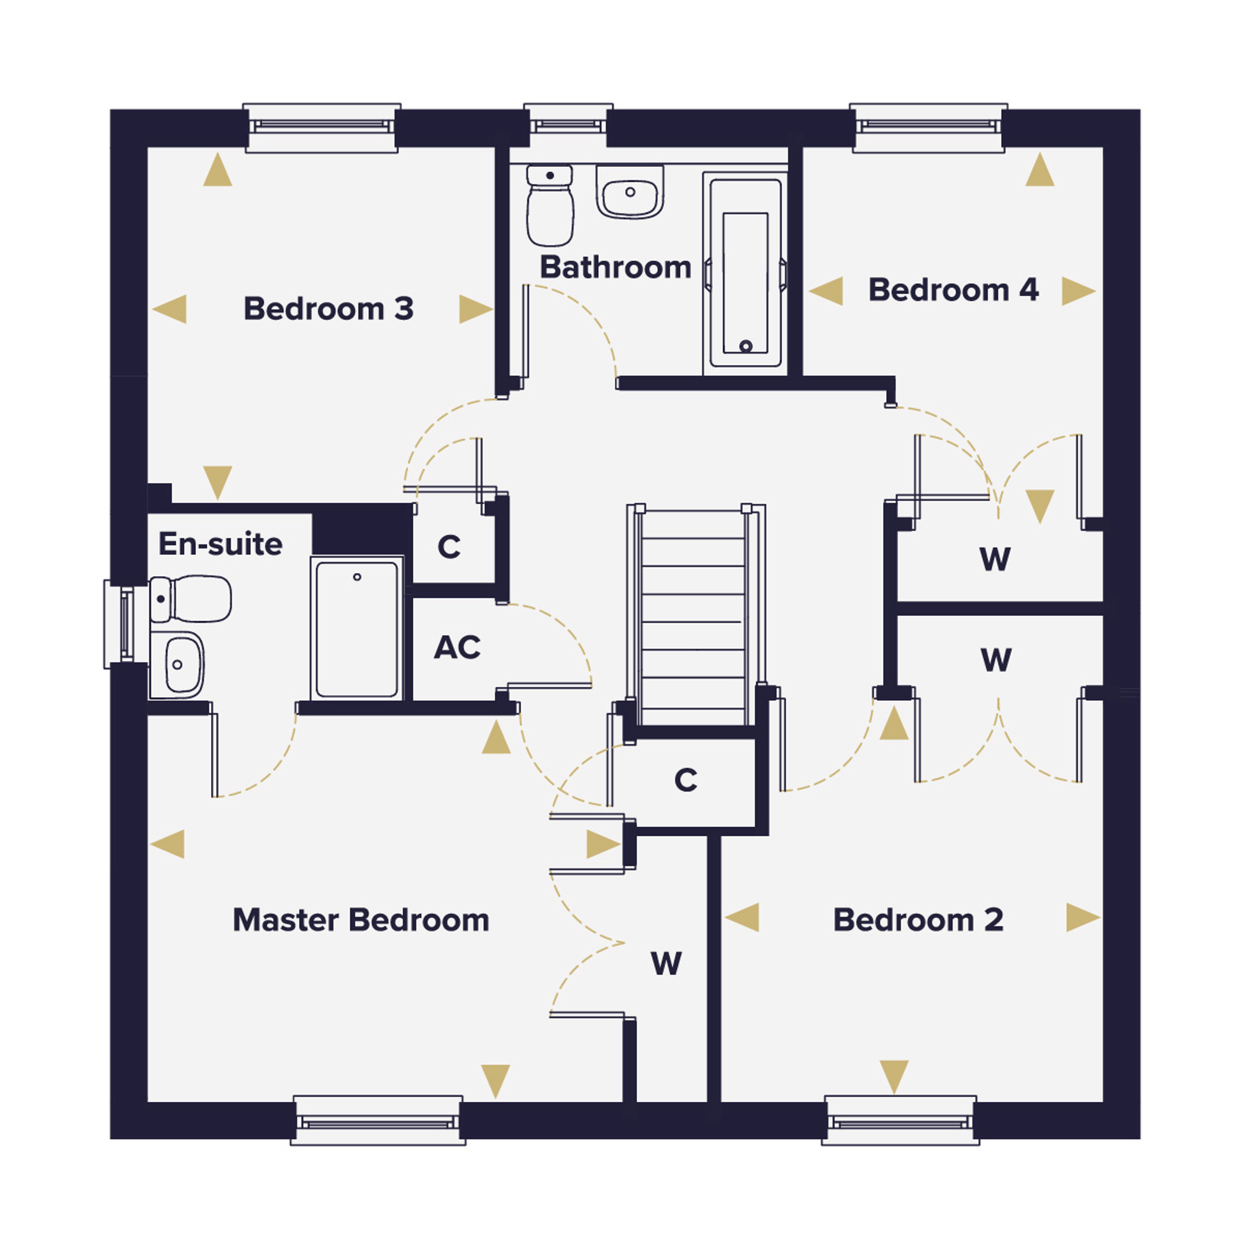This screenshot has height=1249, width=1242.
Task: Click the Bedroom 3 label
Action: [x=328, y=309]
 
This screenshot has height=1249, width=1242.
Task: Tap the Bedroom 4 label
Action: [x=953, y=290]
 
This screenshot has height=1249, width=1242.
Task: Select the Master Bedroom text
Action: [x=360, y=920]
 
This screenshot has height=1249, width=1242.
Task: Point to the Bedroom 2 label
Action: [x=918, y=920]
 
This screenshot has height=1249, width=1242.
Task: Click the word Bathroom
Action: [x=615, y=267]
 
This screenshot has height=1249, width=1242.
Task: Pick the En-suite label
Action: [x=220, y=544]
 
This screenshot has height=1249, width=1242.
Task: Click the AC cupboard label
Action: [x=456, y=647]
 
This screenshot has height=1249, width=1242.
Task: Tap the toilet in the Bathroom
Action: [x=550, y=205]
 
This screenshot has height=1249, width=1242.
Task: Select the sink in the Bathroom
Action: [x=630, y=192]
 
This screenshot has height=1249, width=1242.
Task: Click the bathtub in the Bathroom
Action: [x=745, y=273]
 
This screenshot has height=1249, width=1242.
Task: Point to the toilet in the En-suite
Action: [x=191, y=599]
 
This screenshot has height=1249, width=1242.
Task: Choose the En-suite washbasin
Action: [x=176, y=665]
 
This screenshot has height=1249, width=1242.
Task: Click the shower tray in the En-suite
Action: [x=357, y=628]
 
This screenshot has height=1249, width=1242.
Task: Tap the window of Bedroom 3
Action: [x=322, y=127]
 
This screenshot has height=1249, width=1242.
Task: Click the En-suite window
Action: [x=119, y=624]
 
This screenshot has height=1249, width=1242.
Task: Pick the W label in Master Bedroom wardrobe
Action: [x=666, y=964]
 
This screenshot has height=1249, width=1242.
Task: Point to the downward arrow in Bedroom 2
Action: [x=894, y=1077]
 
